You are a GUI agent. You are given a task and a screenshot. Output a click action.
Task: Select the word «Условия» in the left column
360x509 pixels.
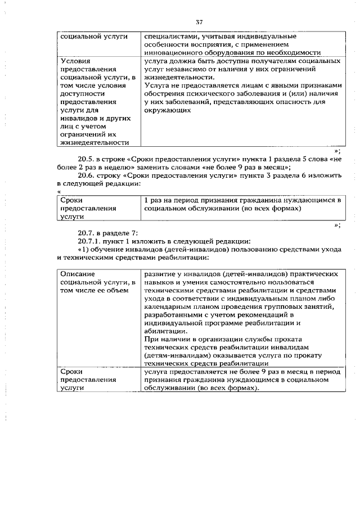75,60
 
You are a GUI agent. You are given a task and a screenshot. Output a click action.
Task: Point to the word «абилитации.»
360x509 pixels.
164,332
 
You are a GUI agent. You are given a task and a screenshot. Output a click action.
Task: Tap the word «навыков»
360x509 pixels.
159,281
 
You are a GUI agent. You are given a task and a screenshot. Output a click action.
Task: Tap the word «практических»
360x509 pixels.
313,273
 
